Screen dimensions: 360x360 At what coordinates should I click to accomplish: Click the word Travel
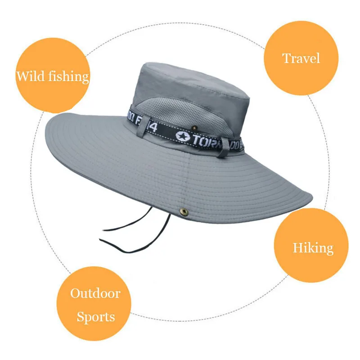[301, 58]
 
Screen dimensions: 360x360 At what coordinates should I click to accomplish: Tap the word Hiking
[313, 247]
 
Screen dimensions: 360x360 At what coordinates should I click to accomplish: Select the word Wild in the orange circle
[31, 76]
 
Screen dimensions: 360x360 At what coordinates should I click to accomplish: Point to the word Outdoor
[95, 294]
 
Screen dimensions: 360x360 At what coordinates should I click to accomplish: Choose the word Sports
[95, 317]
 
